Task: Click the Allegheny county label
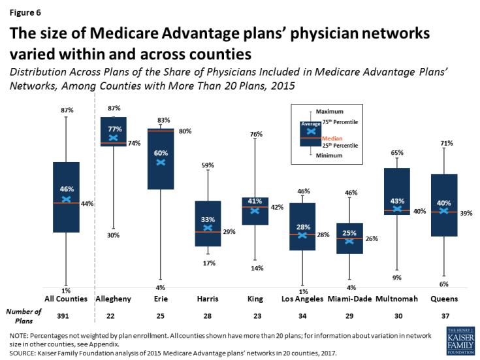[114, 299]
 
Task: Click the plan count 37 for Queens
[444, 314]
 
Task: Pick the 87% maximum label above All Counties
[67, 110]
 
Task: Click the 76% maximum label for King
[256, 134]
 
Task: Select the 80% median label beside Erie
[185, 131]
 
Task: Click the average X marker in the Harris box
[208, 227]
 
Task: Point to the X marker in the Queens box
[444, 211]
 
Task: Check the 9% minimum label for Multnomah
[397, 278]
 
